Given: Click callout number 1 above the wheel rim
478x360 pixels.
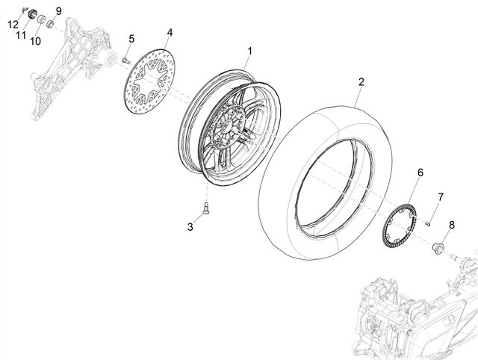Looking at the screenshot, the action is (249, 52).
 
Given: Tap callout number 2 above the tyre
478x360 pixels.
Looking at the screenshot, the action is (361, 81).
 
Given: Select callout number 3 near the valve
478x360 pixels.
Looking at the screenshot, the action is (190, 227).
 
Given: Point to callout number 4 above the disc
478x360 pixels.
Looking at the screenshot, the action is (170, 32).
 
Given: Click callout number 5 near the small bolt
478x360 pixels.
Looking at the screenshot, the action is (131, 39).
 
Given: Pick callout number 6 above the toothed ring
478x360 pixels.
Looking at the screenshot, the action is (420, 173).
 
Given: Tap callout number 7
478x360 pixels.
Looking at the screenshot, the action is (441, 197).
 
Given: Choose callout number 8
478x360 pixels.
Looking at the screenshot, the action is (451, 225).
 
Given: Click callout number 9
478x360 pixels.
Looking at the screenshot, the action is (58, 11).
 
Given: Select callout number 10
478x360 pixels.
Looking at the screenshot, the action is (35, 41).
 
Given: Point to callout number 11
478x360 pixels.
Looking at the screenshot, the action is (21, 35).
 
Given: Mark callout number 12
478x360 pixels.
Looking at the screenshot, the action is (13, 24).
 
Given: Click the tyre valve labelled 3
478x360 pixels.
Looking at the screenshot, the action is (206, 209).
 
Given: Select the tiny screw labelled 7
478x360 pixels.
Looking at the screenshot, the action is (427, 224).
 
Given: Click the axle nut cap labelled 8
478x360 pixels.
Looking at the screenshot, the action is (438, 247).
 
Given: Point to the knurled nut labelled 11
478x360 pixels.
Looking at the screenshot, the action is (32, 14).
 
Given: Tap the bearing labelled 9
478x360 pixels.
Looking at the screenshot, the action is (50, 23).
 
